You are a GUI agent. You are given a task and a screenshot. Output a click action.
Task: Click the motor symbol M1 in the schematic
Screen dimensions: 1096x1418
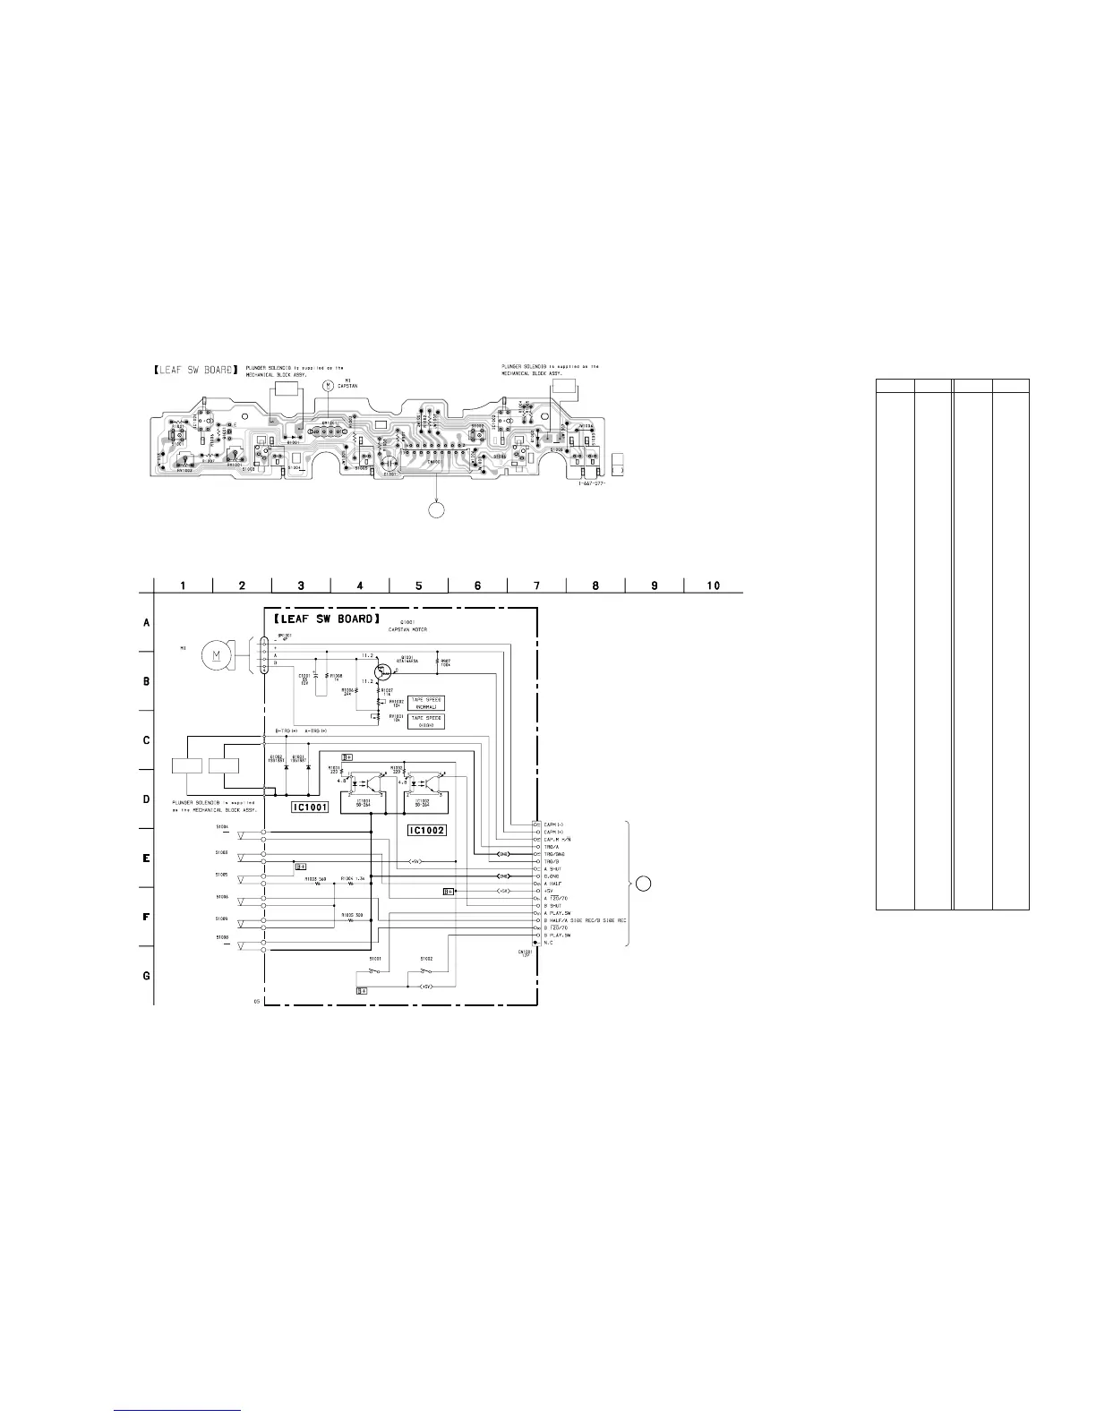click(x=216, y=655)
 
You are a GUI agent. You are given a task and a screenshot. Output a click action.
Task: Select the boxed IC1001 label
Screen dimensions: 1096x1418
click(x=310, y=807)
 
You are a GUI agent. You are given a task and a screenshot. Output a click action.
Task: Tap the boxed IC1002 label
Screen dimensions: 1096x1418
click(x=426, y=830)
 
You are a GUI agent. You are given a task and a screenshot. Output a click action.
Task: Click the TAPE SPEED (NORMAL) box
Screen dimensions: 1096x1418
click(x=425, y=703)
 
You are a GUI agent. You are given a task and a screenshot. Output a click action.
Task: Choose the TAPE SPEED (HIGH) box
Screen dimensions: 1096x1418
click(x=425, y=721)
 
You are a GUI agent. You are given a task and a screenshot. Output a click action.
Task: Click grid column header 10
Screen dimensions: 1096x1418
click(x=713, y=585)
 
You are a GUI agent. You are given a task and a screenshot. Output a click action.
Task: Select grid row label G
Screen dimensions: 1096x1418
click(x=147, y=975)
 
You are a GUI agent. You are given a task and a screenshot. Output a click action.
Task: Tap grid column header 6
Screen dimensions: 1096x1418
click(x=477, y=585)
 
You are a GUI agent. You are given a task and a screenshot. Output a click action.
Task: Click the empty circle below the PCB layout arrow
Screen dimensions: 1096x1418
click(x=436, y=509)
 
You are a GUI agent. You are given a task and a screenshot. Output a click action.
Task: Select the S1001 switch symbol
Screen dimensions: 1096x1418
click(x=373, y=971)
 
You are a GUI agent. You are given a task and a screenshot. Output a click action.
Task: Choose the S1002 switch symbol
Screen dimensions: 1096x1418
click(x=426, y=971)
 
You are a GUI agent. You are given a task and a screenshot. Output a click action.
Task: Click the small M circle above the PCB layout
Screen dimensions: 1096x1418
click(x=328, y=384)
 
